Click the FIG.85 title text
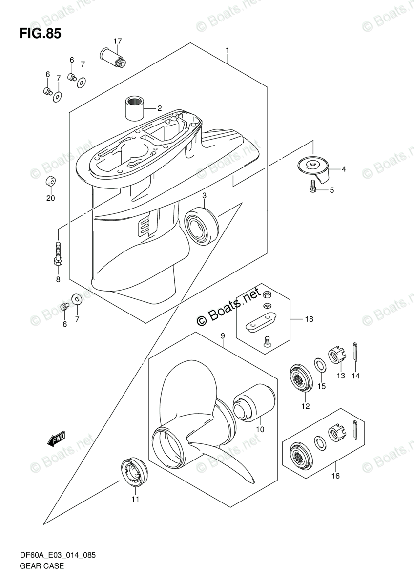[x=40, y=34]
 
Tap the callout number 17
[x=117, y=41]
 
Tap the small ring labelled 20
[x=50, y=182]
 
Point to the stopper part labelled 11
[x=132, y=471]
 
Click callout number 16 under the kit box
[x=335, y=476]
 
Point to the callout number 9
[x=222, y=335]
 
